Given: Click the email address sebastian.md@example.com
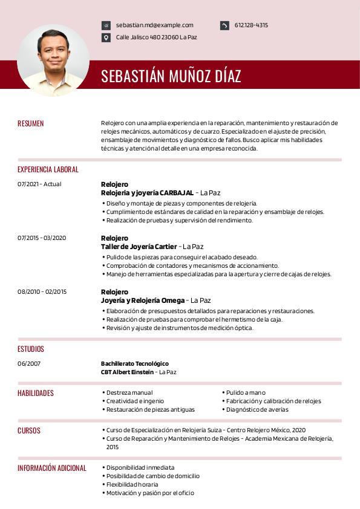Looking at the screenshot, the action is [154, 25].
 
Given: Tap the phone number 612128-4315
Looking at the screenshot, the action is [251, 25].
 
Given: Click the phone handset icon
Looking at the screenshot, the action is [224, 25].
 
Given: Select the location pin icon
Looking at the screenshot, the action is [106, 37].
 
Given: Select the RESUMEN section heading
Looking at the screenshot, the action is [31, 123].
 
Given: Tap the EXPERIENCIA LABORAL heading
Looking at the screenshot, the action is [48, 170].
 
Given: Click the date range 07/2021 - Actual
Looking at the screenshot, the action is [39, 184].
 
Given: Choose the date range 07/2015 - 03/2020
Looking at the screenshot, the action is [42, 238].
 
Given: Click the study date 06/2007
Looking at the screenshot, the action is [29, 364].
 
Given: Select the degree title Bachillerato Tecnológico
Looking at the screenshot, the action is [134, 364].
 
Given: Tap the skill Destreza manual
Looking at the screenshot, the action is [129, 393].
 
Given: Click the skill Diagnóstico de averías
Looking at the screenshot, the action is [257, 410].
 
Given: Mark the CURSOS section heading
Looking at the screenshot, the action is [29, 431].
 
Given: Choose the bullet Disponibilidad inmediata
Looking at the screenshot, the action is [140, 468].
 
